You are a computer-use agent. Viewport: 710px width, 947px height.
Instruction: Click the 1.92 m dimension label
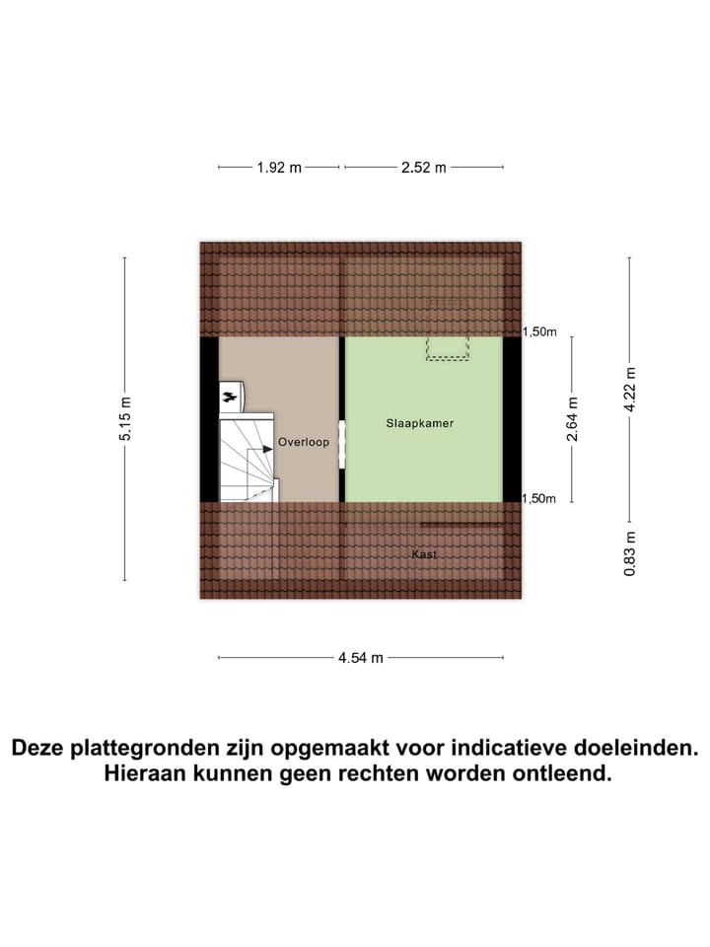[278, 168]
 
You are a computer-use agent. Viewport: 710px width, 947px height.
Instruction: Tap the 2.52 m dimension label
[423, 168]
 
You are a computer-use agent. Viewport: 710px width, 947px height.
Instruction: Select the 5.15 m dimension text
[125, 419]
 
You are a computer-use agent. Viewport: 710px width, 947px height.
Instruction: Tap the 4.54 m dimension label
[360, 658]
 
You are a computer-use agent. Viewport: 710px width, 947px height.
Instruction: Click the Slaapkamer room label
[419, 423]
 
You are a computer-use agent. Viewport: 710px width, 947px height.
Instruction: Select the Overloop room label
[303, 443]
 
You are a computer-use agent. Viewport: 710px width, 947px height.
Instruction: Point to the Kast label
[424, 555]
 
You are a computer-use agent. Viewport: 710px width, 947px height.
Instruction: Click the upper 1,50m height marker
[539, 332]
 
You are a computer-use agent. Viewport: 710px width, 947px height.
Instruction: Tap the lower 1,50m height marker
[539, 499]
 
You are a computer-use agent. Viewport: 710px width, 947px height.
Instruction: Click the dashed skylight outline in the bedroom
[447, 347]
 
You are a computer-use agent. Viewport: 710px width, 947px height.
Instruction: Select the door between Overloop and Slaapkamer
[341, 445]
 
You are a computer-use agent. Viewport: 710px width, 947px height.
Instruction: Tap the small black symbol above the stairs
[229, 397]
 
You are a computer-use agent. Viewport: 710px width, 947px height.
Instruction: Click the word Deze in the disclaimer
[42, 748]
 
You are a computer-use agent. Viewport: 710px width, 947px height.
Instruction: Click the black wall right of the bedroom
[512, 419]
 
